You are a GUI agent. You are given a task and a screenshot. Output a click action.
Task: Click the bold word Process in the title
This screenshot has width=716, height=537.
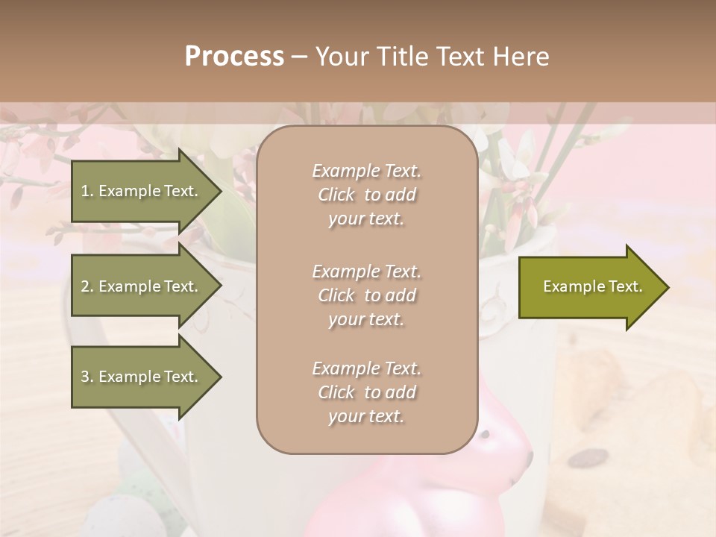coord(234,57)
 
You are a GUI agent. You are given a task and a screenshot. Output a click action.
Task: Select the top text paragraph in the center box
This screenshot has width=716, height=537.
coord(366,195)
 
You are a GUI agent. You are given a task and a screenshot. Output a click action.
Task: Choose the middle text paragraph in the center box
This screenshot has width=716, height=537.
coord(366,295)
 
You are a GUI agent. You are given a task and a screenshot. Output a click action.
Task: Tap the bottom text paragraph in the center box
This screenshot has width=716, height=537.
coord(366,392)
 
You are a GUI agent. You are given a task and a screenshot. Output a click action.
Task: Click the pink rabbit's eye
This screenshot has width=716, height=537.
coord(486,433)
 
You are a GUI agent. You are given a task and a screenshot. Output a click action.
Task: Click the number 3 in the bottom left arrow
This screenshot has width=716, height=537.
coord(85,377)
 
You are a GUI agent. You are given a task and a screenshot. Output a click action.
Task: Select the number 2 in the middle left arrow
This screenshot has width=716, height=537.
coord(85,286)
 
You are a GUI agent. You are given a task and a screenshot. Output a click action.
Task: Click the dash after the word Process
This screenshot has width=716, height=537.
coord(299,57)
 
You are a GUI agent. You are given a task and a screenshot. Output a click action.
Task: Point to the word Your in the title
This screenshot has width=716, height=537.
coord(339,57)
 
